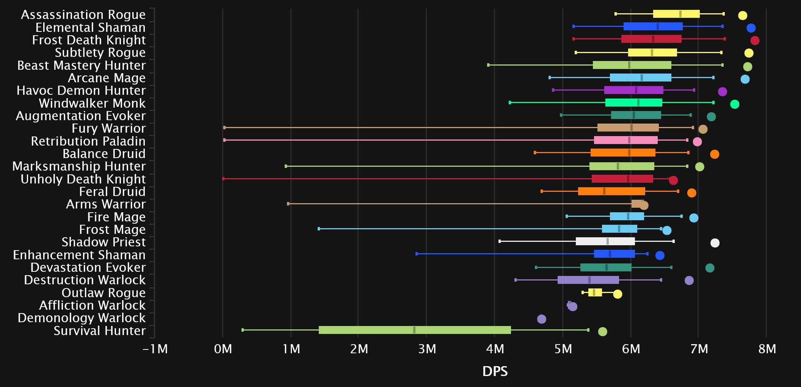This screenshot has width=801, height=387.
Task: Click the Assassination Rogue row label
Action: (83, 15)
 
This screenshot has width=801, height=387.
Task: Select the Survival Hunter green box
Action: (415, 330)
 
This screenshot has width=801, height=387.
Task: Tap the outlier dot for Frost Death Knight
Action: (754, 41)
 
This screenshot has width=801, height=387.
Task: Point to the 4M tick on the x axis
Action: (495, 349)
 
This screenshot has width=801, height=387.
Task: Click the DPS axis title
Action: (495, 371)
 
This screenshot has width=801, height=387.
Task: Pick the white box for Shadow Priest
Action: (605, 241)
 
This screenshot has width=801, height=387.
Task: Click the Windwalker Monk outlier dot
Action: (734, 104)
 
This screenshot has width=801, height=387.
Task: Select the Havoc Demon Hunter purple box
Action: (633, 90)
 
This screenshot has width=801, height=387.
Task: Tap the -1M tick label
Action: (155, 349)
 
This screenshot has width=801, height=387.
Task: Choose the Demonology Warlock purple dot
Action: (542, 319)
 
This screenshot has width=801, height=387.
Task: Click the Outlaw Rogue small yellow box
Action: (595, 293)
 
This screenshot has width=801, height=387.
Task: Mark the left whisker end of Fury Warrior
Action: (224, 128)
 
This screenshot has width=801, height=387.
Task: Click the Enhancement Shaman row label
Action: (79, 255)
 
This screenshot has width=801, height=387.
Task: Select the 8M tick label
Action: (767, 349)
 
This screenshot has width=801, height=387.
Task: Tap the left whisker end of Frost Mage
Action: (319, 229)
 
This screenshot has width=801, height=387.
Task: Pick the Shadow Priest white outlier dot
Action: (715, 243)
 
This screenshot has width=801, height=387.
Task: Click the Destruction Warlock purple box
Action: (588, 280)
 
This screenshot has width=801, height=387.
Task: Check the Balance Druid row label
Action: (104, 154)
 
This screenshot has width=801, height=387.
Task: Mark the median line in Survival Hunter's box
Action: (414, 330)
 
